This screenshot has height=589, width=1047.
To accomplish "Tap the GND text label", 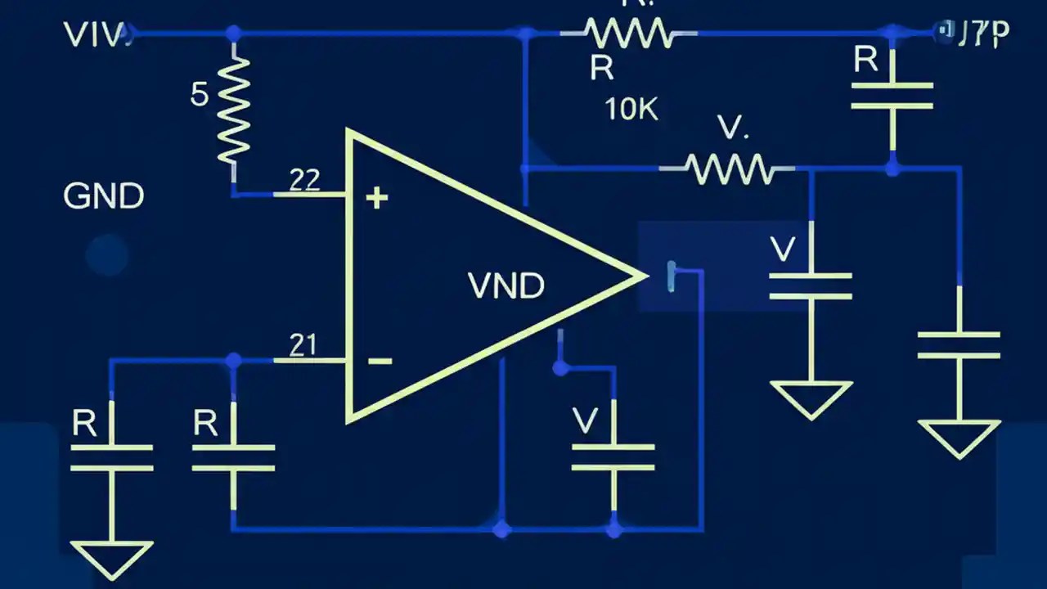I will pyautogui.click(x=103, y=196).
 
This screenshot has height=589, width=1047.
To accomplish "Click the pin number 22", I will pyautogui.click(x=304, y=180).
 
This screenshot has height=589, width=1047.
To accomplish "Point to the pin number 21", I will pyautogui.click(x=303, y=345).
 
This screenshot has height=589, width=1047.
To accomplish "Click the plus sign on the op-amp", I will pyautogui.click(x=376, y=197).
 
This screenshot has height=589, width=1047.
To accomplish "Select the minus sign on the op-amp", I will pyautogui.click(x=379, y=361).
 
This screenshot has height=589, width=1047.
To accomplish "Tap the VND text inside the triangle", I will pyautogui.click(x=506, y=286).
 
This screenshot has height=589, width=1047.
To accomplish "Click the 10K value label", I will pyautogui.click(x=631, y=109).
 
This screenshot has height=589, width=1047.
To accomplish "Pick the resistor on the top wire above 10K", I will pyautogui.click(x=629, y=34).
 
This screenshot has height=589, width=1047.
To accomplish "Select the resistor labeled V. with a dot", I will pyautogui.click(x=727, y=169).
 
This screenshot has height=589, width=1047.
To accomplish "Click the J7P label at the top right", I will pyautogui.click(x=975, y=33).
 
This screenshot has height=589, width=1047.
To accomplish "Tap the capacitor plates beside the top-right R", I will pyautogui.click(x=892, y=95).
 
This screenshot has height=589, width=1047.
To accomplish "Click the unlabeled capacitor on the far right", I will pyautogui.click(x=959, y=344).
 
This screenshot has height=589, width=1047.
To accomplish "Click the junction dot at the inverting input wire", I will pyautogui.click(x=234, y=360).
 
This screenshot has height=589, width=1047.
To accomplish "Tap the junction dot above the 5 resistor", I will pyautogui.click(x=234, y=34).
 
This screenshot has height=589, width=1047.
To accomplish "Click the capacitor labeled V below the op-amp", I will pyautogui.click(x=613, y=457).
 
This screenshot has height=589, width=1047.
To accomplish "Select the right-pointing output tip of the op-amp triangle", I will pyautogui.click(x=638, y=277).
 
